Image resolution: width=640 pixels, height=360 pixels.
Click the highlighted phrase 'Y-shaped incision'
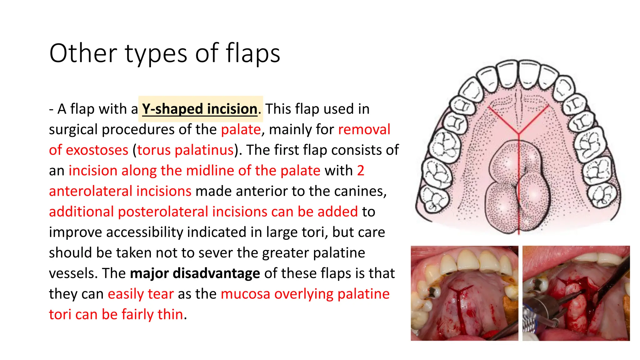(x=199, y=109)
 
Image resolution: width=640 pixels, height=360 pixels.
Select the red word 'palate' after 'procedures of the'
(x=241, y=129)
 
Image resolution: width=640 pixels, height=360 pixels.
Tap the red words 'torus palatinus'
(x=185, y=150)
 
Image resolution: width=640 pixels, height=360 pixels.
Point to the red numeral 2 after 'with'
(x=360, y=171)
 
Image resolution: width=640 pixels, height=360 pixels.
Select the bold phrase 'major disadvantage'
(x=195, y=273)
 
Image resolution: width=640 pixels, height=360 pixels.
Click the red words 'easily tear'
(x=141, y=294)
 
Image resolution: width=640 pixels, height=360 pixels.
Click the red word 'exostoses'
(x=97, y=150)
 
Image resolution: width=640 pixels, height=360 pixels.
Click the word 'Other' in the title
(x=83, y=53)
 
